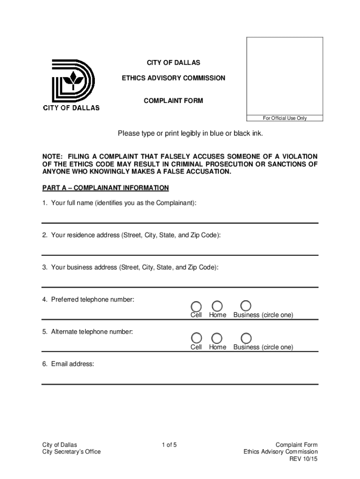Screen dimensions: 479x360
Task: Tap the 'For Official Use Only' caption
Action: [x=285, y=118]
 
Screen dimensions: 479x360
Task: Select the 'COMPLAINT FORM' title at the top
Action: [x=173, y=101]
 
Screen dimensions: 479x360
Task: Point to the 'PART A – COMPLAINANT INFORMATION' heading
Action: [x=105, y=188]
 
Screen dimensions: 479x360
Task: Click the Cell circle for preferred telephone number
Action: [x=197, y=305]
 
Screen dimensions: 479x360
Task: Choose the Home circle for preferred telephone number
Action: [x=217, y=305]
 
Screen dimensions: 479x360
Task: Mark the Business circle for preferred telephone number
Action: [x=246, y=305]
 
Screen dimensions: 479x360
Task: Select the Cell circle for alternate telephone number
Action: [x=197, y=338]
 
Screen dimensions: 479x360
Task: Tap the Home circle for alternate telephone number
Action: [x=217, y=338]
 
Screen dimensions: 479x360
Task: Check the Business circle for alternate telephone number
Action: [x=246, y=338]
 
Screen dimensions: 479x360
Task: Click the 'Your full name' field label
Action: [x=119, y=203]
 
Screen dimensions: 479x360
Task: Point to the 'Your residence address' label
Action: [x=131, y=235]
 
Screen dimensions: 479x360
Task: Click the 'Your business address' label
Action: [x=130, y=268]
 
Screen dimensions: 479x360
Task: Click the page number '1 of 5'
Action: [x=169, y=444]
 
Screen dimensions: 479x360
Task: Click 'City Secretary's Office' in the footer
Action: [x=71, y=452]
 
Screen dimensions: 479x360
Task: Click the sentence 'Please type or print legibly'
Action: [x=190, y=134]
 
